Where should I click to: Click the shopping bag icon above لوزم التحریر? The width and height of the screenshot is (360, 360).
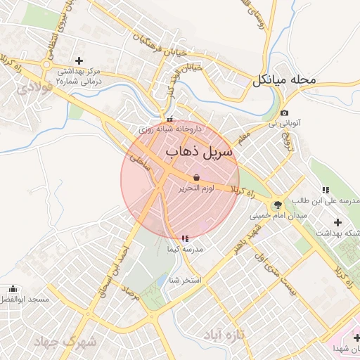[195, 177]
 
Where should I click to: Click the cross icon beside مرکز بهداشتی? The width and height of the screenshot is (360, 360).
[79, 60]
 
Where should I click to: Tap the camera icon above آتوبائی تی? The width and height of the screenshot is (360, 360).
[283, 113]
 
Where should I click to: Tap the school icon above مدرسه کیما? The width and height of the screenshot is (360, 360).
[185, 239]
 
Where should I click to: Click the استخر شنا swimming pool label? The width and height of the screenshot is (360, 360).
[185, 281]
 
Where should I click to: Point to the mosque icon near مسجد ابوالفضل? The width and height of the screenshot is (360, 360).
[13, 289]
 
